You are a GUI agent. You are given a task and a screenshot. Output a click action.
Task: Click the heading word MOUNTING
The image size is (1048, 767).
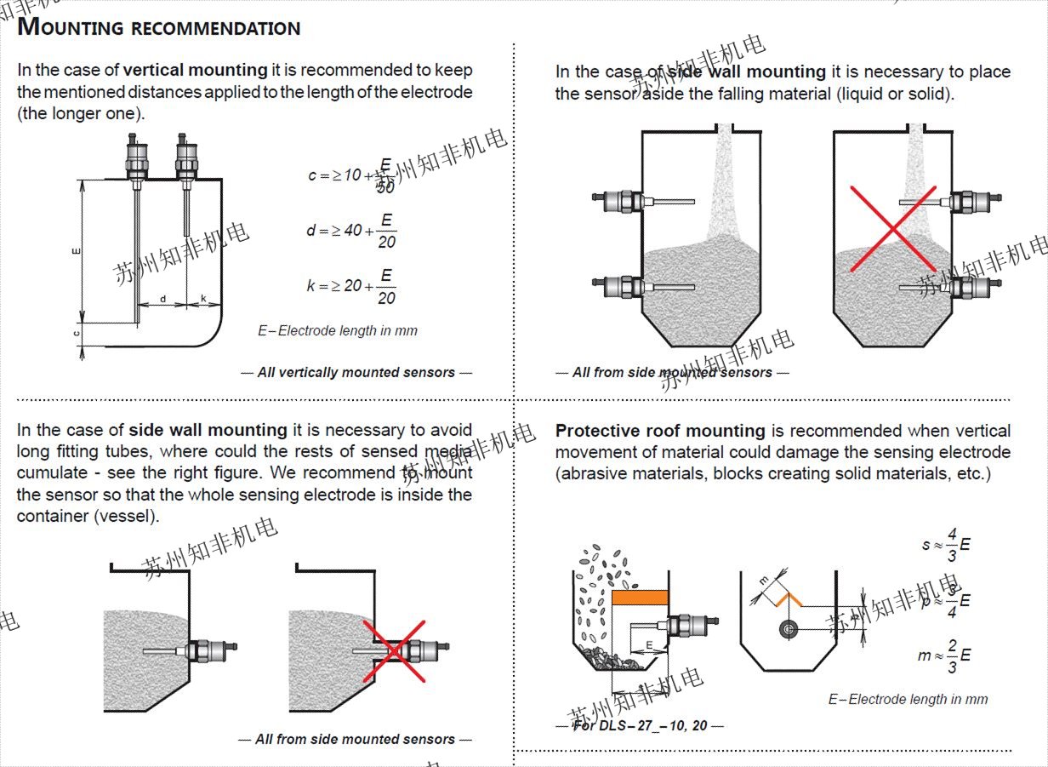tap(71, 27)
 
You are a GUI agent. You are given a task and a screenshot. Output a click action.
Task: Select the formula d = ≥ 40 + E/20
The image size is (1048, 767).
tap(350, 231)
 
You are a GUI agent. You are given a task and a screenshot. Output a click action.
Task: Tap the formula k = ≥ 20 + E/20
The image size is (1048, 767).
tap(350, 286)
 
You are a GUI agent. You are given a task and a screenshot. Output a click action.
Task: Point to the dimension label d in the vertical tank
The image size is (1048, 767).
tap(163, 299)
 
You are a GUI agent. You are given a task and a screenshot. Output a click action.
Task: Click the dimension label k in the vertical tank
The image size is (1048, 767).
tap(204, 299)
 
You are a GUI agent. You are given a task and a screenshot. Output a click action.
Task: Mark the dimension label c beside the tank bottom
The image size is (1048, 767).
tap(77, 334)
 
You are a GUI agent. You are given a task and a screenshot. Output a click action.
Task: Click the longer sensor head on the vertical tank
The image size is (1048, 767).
tap(135, 157)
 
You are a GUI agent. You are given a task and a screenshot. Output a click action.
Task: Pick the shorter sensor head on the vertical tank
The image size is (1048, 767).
tap(186, 157)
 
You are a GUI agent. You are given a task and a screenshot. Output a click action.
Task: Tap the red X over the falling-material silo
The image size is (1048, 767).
tap(893, 228)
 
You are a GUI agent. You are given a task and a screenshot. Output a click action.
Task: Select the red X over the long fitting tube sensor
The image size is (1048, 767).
tap(395, 650)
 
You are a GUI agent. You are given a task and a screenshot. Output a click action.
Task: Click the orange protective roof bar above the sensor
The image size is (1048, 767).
tap(641, 598)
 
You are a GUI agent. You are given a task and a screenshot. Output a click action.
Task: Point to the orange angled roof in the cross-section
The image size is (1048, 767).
tap(789, 596)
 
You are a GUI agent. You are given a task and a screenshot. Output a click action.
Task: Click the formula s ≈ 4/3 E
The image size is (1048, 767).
tap(945, 544)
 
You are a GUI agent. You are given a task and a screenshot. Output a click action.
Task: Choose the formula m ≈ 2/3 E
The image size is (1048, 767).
tap(943, 655)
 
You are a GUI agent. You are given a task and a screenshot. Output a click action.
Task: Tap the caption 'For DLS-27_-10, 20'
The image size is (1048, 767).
tap(639, 725)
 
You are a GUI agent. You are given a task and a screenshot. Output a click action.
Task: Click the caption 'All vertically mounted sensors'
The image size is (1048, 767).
tap(356, 372)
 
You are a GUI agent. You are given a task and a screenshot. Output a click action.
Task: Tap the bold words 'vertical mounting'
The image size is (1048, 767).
tap(195, 70)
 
